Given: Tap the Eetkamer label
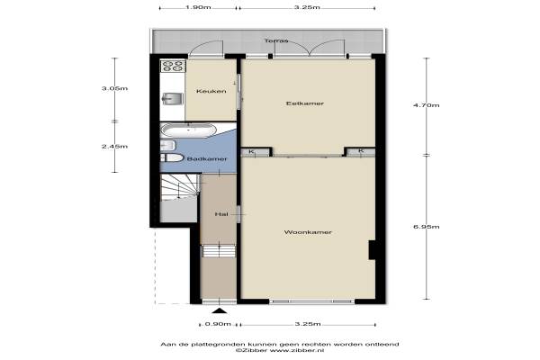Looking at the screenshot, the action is tap(305, 103).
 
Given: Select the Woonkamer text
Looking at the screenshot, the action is tap(308, 232).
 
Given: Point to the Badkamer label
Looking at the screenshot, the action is tap(207, 159).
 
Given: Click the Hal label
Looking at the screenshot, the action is tap(221, 214).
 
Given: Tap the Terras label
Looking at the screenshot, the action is tap(276, 41).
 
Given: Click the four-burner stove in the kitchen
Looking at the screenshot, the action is tap(173, 66).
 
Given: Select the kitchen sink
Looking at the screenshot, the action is tap(173, 98).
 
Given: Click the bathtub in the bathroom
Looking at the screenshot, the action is tap(189, 130).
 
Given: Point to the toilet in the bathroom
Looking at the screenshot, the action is tap(172, 157).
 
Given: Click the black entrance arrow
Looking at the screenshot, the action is tap(220, 311).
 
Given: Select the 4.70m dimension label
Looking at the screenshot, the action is tap(427, 105).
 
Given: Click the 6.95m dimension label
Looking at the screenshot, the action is tap(427, 227).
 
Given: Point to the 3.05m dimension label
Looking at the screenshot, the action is tap(114, 88).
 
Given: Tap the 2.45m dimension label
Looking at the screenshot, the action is tap(114, 147).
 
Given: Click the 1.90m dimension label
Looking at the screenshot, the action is tap(198, 7).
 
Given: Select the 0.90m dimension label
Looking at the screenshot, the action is tap(218, 324).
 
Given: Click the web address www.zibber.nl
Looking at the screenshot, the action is tap(297, 350).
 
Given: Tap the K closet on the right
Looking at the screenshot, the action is tap(361, 151).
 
